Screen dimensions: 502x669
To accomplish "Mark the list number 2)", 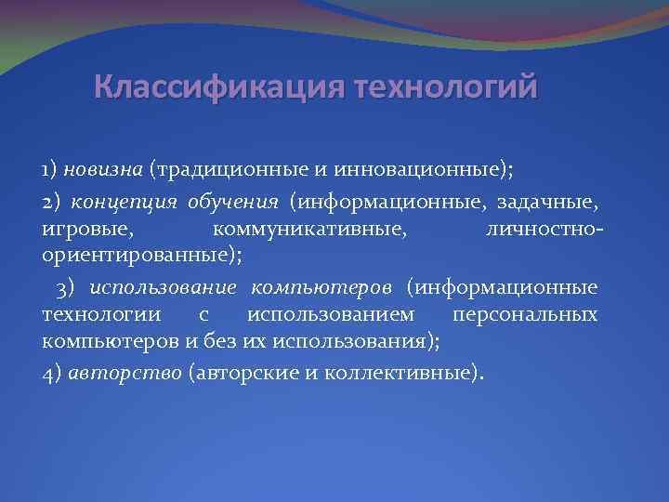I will coord(53,202).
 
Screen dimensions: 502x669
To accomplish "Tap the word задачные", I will coord(560,202).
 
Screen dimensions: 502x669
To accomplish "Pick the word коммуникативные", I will coord(309,228).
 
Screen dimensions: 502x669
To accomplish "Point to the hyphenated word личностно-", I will coord(544,228).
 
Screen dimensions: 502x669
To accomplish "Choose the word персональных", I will coord(531,314).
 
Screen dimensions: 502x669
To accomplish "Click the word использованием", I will coord(332,314).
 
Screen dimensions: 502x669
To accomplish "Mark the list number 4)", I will coord(52,373).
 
